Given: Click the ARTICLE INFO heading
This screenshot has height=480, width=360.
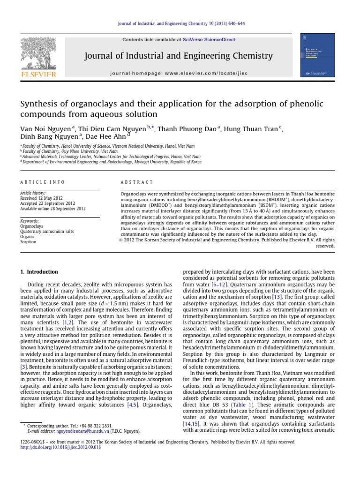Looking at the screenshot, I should [43, 182].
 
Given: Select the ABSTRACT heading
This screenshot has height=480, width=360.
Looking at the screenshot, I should [137, 182].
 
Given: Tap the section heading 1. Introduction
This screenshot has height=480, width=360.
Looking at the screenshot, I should [39, 272].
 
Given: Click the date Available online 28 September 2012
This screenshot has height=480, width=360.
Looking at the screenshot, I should [53, 209].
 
